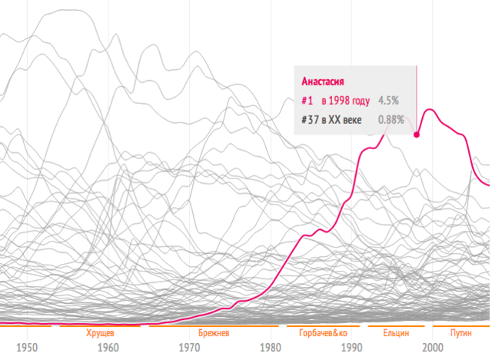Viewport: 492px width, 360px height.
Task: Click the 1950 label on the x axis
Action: (x=27, y=347)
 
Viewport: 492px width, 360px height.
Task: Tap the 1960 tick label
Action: (x=108, y=347)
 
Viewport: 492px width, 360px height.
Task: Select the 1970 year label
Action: (x=190, y=347)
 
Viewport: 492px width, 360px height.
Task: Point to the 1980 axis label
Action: (x=271, y=347)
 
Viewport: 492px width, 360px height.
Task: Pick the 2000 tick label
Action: (x=432, y=347)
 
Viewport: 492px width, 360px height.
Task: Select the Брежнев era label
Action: (x=213, y=333)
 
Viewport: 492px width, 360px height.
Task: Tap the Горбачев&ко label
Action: (x=322, y=333)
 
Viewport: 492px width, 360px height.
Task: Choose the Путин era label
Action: (x=460, y=333)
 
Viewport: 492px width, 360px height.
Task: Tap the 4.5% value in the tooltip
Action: (x=387, y=101)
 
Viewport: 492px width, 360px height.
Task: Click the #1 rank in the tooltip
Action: (x=307, y=101)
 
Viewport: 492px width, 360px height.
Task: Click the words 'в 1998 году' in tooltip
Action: (x=346, y=101)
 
